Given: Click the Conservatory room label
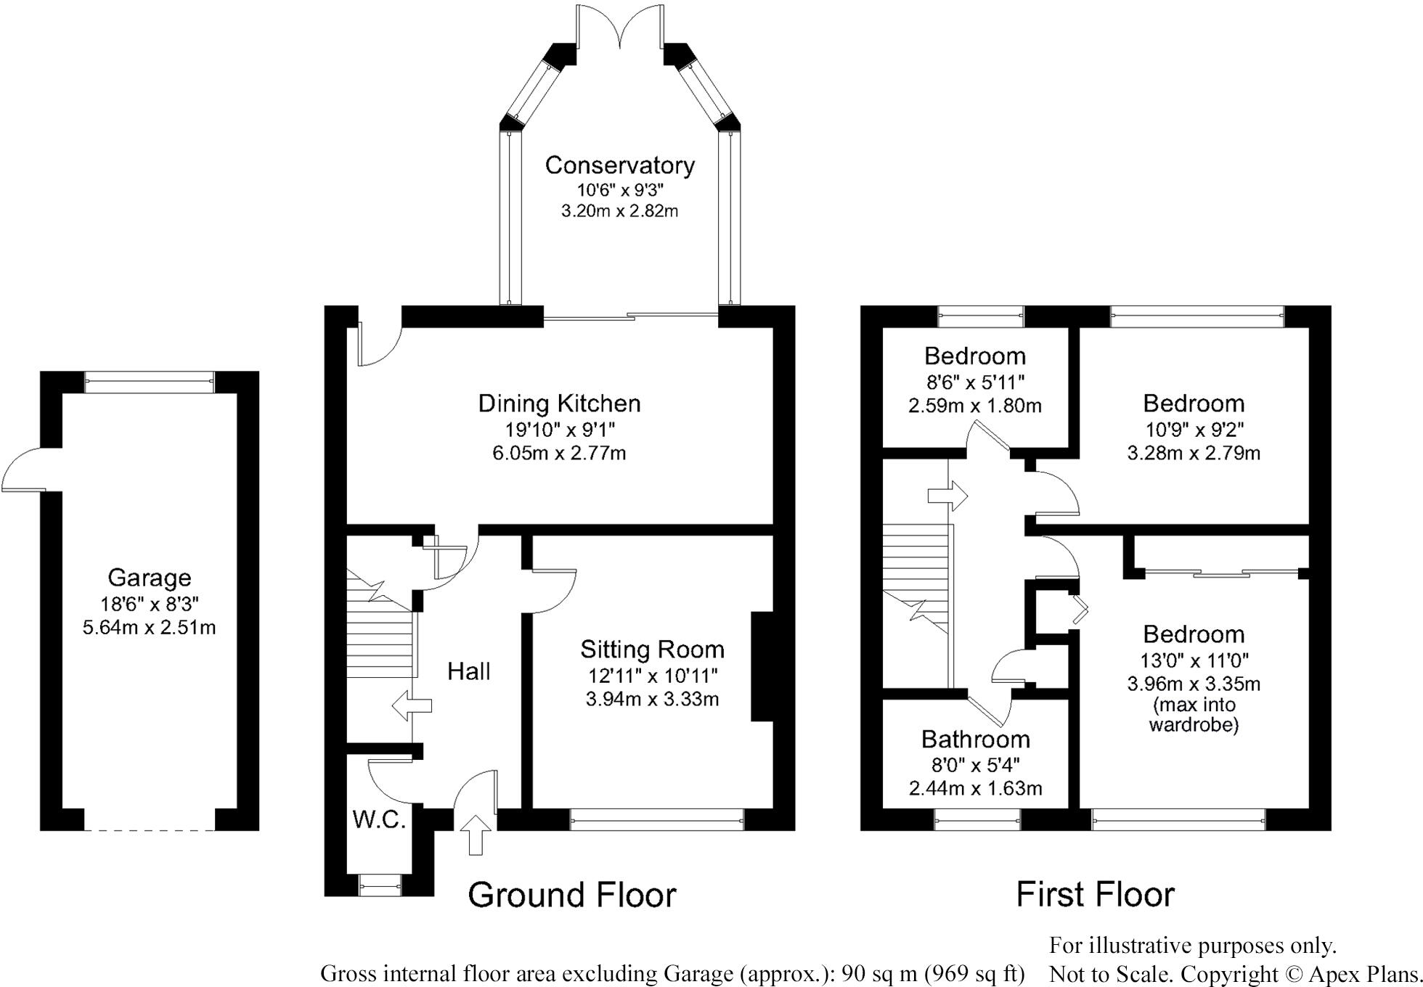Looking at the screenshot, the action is coord(619,165).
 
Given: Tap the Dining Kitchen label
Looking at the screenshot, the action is coord(559,404).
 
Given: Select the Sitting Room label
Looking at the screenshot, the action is coord(652,649).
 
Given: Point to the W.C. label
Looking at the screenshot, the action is coord(378,819).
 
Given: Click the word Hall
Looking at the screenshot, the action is coord(468,671).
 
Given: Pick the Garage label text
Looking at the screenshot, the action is coord(150,578).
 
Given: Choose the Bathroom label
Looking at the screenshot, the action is coord(976,739).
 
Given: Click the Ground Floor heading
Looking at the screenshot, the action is coord(572,895).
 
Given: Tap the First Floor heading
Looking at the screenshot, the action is coord(1095,894).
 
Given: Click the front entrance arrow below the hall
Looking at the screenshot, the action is coord(476,835).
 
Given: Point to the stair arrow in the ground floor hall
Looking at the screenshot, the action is coord(412,705).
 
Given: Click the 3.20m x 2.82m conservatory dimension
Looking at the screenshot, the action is coord(619,211).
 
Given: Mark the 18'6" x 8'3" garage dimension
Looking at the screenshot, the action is coord(150,603).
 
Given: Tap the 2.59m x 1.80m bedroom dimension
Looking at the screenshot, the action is coord(975,405).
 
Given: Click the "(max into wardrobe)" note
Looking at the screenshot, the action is coord(1194,714).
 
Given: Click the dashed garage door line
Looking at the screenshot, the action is coord(150,830).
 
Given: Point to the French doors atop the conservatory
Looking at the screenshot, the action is coord(619,28).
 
